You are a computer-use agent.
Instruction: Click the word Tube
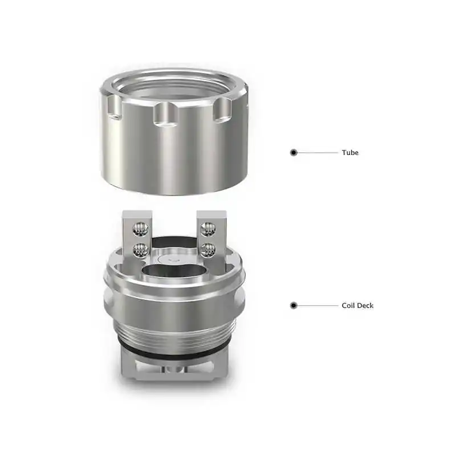pyautogui.click(x=350, y=153)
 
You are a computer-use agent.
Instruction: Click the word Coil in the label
pyautogui.click(x=348, y=306)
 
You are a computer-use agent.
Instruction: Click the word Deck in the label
pyautogui.click(x=365, y=306)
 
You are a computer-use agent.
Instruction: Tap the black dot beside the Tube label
pyautogui.click(x=294, y=153)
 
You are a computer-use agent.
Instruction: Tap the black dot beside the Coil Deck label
pyautogui.click(x=294, y=306)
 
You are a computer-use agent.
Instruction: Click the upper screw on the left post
pyautogui.click(x=138, y=229)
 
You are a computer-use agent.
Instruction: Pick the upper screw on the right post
pyautogui.click(x=209, y=229)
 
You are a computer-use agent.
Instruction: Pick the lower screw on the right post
pyautogui.click(x=209, y=249)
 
